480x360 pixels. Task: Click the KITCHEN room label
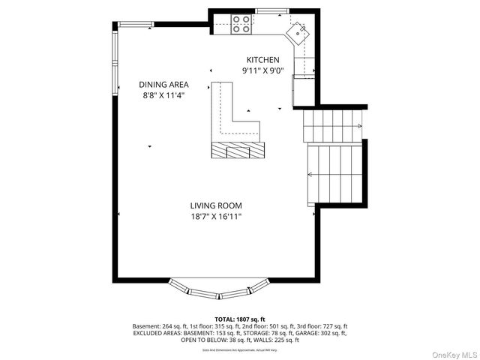point(263,60)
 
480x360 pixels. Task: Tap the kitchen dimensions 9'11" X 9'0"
point(263,70)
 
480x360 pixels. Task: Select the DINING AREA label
point(163,85)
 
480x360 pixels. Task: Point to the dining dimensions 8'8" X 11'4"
point(163,95)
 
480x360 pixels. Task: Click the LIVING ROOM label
point(215,205)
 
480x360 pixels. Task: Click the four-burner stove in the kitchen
point(241,24)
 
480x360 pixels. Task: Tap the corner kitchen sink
point(298,32)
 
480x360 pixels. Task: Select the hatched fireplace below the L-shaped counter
point(238,150)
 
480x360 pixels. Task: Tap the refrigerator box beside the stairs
point(304,90)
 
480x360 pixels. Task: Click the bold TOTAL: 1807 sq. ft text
point(240,319)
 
